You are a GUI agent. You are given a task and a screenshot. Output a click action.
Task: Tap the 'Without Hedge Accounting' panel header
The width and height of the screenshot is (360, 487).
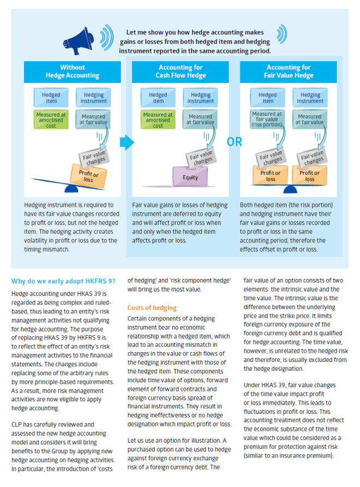73,72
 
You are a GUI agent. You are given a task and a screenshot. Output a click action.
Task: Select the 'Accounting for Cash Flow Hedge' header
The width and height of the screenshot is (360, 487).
181,72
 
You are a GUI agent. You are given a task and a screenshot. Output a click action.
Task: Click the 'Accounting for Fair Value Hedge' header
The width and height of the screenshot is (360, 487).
289,72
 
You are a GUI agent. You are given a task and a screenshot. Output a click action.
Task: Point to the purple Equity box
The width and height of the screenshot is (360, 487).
190,176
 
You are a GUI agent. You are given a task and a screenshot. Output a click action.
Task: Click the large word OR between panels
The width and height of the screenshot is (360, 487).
235,142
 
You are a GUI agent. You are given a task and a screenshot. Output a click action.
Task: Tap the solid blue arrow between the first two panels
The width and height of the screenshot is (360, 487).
127,142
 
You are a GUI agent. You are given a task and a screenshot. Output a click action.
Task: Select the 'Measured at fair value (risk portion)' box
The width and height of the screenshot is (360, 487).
267,120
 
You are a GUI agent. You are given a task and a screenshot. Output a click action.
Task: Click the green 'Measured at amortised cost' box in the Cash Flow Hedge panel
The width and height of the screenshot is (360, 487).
158,120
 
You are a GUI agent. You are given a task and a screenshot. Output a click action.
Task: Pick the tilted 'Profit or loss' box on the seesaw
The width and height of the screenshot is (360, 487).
88,176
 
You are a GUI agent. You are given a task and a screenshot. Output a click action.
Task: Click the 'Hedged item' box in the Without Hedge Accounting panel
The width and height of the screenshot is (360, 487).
51,98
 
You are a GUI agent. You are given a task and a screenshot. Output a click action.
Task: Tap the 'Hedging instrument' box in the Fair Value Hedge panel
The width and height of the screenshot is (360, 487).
310,98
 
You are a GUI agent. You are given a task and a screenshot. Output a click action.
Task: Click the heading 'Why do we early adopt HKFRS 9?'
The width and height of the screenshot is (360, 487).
63,281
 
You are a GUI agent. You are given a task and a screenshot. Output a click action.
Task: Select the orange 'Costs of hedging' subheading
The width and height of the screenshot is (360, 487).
152,308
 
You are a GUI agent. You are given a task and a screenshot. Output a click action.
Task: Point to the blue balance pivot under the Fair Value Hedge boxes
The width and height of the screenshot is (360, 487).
290,189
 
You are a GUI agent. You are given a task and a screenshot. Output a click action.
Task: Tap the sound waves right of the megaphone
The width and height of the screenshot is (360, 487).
107,38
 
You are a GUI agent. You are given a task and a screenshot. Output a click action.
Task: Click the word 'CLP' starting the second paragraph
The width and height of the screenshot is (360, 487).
16,425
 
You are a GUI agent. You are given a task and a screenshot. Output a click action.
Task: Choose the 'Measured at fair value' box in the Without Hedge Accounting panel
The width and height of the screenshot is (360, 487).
93,120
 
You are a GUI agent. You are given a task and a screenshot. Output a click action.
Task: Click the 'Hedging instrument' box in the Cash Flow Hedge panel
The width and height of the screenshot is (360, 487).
201,98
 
